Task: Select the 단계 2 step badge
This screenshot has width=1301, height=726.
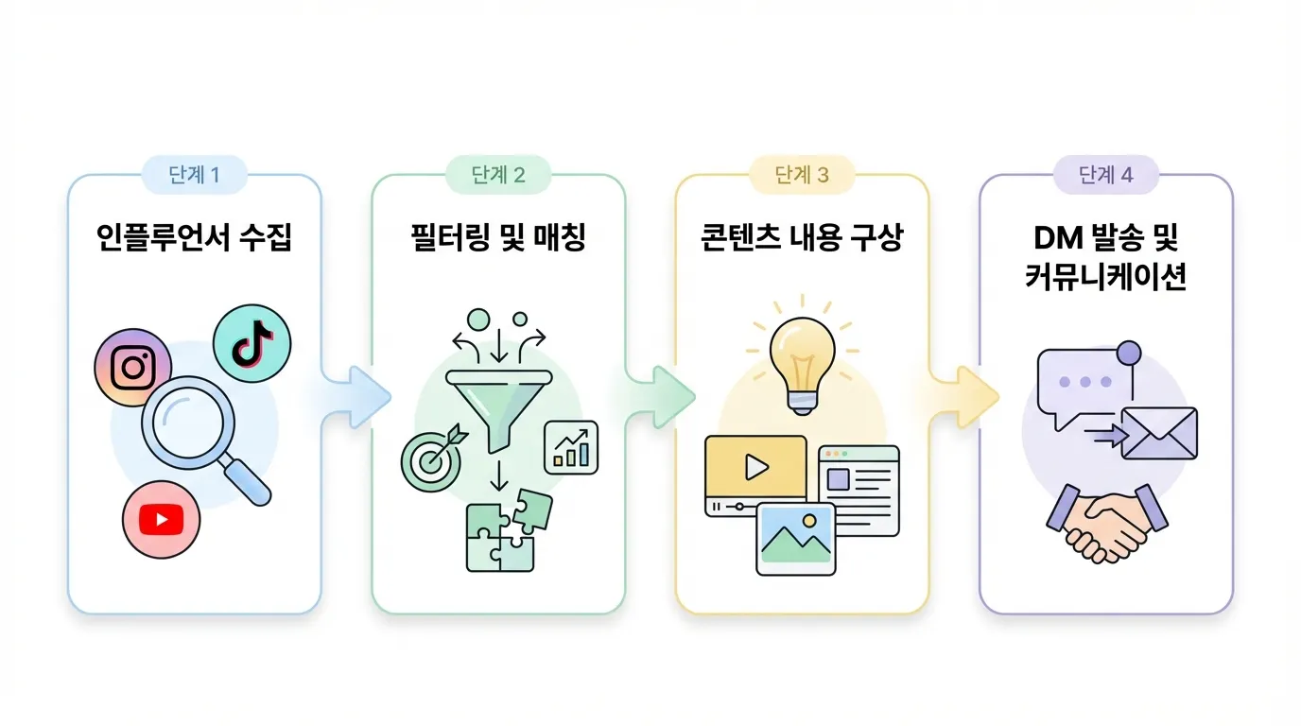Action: (498, 175)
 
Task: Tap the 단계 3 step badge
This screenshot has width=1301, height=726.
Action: (802, 175)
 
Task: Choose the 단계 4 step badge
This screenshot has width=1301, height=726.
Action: (1105, 175)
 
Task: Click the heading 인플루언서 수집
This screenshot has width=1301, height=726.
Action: (195, 237)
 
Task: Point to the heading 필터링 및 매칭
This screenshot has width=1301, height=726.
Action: (498, 237)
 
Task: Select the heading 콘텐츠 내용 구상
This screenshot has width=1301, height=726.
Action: (802, 237)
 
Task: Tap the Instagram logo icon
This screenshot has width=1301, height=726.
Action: (133, 368)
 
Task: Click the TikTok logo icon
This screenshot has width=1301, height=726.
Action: (252, 344)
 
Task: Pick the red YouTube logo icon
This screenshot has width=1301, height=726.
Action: (161, 518)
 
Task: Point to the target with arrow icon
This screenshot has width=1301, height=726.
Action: (431, 458)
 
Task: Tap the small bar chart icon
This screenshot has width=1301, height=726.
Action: (571, 447)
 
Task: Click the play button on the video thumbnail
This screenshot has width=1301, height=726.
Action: (755, 466)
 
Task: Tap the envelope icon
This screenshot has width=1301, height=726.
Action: (1158, 433)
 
